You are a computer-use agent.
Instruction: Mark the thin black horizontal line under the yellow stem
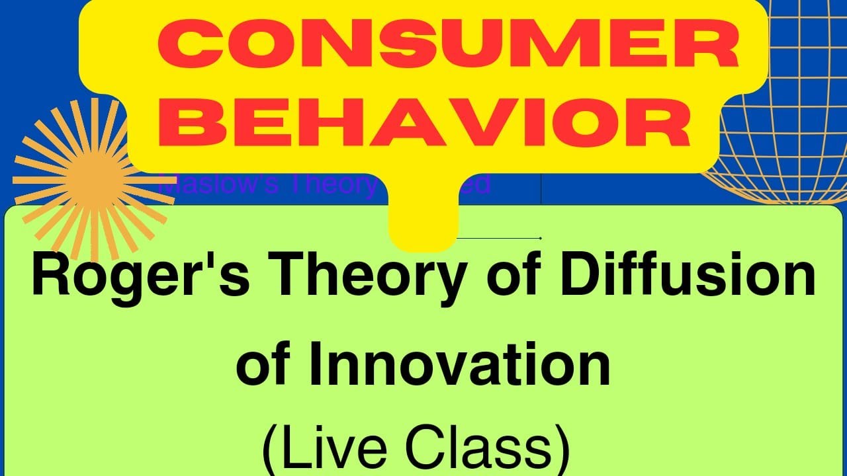pos(500,238)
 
